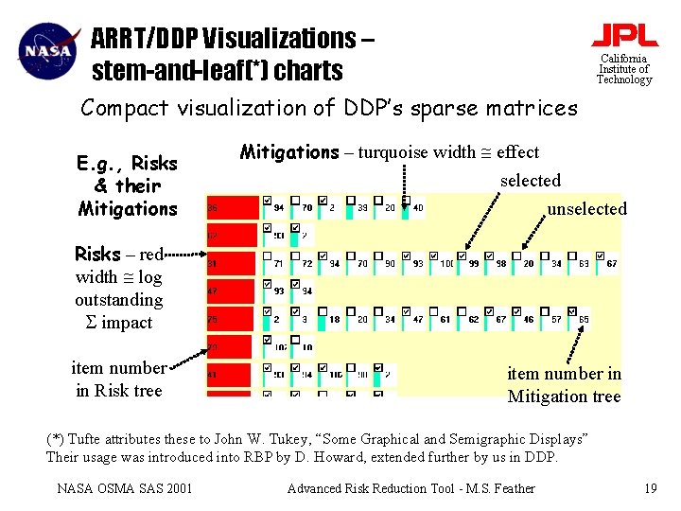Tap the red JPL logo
[x=624, y=35]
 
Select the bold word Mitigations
[x=289, y=151]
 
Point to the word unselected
[x=586, y=208]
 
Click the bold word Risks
[x=98, y=254]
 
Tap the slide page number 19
[x=650, y=488]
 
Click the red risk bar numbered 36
[x=232, y=208]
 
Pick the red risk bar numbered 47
[x=232, y=291]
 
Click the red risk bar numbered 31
[x=232, y=263]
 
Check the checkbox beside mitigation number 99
[x=462, y=255]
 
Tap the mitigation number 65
[x=584, y=320]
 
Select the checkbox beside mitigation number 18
[x=323, y=311]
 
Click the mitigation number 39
[x=363, y=208]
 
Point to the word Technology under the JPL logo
[x=624, y=79]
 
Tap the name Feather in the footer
[x=511, y=488]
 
